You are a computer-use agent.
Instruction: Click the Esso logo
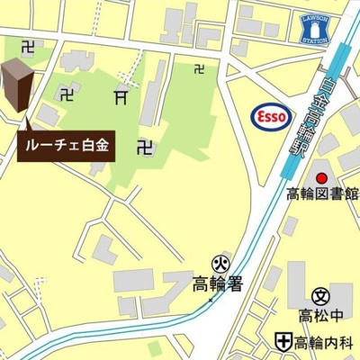click(x=269, y=117)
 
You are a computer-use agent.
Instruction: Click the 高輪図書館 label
click(x=322, y=193)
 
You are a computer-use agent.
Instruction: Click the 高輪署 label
click(x=218, y=285)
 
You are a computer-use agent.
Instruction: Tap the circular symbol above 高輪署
click(x=218, y=264)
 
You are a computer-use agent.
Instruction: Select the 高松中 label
click(x=321, y=315)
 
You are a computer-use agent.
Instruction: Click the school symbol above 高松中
click(x=321, y=295)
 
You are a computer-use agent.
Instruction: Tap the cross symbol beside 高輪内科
click(x=283, y=342)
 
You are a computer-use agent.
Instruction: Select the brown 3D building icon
click(x=18, y=86)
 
